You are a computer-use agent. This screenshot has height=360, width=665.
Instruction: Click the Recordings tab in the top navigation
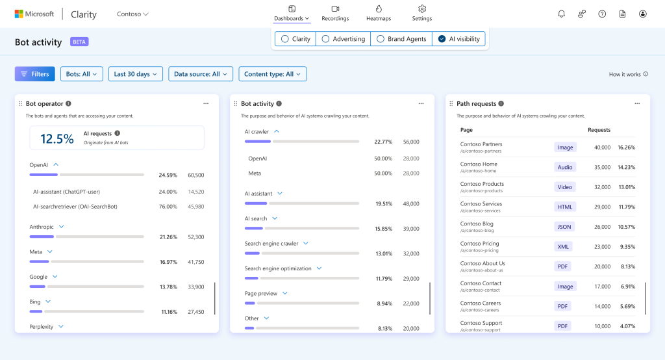tap(335, 13)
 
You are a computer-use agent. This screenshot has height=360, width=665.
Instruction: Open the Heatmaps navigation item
tap(379, 13)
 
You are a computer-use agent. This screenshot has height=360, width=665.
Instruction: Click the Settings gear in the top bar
tap(421, 13)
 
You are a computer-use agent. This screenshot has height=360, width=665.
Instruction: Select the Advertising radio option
tap(342, 39)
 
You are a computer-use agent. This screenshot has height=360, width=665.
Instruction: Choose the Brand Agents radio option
tap(401, 39)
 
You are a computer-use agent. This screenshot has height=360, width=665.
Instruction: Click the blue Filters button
tap(34, 74)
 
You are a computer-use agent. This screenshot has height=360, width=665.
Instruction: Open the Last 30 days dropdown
tap(136, 74)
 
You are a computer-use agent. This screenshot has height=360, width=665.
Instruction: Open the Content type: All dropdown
tap(272, 74)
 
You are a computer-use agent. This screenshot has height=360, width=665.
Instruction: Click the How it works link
tap(628, 75)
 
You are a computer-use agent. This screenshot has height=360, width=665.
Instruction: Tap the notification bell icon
tap(561, 14)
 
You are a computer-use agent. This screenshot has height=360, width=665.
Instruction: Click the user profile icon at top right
tap(642, 14)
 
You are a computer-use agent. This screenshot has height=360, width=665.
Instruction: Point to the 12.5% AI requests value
tap(57, 138)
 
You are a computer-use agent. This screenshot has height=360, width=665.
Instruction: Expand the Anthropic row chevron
tap(62, 227)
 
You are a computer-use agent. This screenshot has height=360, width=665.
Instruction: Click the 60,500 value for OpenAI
tap(195, 175)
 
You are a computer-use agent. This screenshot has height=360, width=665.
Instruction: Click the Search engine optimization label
tap(278, 268)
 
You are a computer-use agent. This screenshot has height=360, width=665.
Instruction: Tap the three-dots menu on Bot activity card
tap(421, 103)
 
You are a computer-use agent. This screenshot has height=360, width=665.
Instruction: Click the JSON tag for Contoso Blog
tap(563, 227)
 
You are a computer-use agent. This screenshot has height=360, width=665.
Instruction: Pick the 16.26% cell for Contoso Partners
tap(626, 148)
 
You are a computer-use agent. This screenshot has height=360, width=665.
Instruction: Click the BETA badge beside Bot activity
tap(80, 42)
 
